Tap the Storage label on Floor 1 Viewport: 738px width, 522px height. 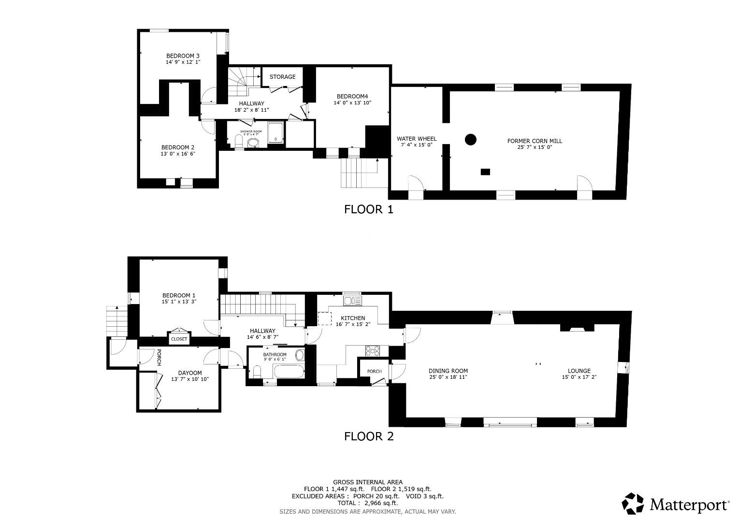coord(282,77)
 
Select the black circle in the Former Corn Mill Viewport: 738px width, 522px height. coord(470,140)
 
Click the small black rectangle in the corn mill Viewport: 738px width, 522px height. coord(485,172)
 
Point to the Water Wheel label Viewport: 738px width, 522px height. coord(416,139)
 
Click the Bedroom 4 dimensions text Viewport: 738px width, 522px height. coord(352,102)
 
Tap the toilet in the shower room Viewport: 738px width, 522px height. coord(238,141)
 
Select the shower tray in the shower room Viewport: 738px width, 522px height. coord(275,132)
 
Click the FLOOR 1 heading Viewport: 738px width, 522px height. coord(368,209)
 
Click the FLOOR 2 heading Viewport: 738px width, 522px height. coord(368,436)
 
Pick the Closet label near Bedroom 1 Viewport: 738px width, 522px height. coord(179,339)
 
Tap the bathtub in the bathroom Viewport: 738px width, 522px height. coord(289,372)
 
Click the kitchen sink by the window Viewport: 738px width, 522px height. coord(352,301)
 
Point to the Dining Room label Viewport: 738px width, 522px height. coord(448,371)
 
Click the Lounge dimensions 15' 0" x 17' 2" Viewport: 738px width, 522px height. coord(579,377)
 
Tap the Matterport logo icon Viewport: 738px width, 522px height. coord(633,504)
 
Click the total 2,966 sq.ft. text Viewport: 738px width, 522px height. coord(367,503)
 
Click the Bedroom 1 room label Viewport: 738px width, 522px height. coord(179,295)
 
